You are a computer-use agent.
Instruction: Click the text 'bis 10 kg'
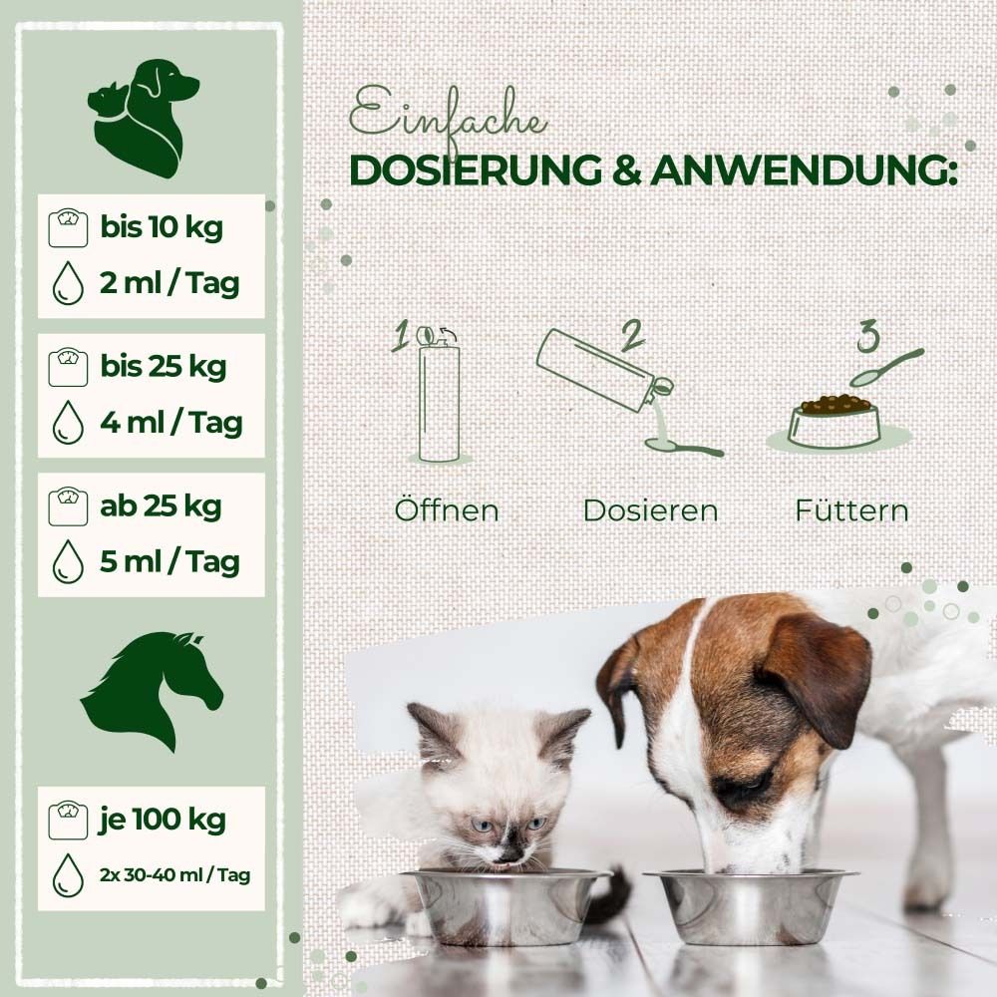pos(161,227)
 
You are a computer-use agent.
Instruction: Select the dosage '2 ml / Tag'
pos(169,284)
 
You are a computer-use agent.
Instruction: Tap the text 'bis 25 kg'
pos(163,367)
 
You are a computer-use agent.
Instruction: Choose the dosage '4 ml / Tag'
pos(170,423)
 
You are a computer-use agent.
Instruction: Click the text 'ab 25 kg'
pos(161,505)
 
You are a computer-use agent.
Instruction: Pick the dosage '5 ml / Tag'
pos(169,561)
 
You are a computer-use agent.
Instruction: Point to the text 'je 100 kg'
pos(163,821)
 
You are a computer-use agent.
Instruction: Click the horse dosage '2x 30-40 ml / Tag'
pos(173,875)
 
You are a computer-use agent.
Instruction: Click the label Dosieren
pos(650,510)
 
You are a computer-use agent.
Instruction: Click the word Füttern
pos(851,510)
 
